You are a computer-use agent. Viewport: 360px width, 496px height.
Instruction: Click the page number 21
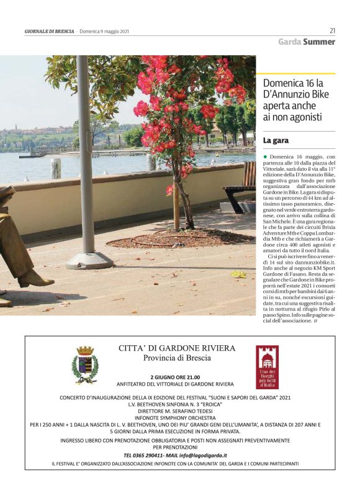(x=332, y=30)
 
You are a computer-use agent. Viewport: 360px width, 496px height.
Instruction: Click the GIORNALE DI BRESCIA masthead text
(x=50, y=31)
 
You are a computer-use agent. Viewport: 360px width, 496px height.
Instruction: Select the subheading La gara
(x=276, y=141)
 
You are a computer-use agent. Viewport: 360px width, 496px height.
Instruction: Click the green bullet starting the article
(x=265, y=158)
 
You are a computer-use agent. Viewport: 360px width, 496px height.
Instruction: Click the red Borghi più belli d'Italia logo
(x=268, y=367)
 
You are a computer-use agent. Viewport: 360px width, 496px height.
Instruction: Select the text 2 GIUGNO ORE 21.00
(x=175, y=377)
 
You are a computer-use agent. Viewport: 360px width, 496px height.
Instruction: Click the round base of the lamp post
(x=89, y=260)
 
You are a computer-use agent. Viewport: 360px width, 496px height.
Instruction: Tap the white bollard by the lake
(x=56, y=168)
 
